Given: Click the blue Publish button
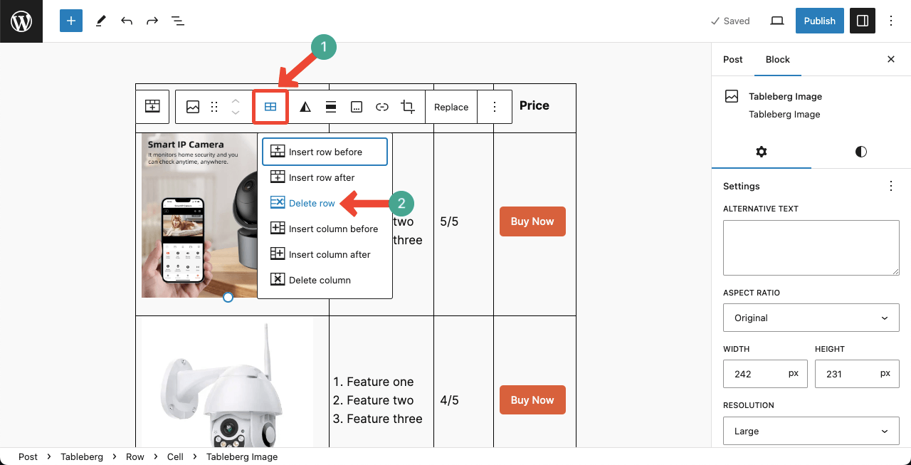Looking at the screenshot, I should pos(819,21).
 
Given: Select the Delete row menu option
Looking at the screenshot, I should pos(311,203).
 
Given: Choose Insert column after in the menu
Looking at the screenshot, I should pos(329,254).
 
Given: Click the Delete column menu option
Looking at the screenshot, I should pos(319,280).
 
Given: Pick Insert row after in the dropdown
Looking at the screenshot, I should pos(321,177).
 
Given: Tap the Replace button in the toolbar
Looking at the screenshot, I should pos(451,107).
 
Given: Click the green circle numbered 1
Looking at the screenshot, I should pos(323,47).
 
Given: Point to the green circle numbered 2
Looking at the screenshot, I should pos(401,203).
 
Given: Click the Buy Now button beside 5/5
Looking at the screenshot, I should pos(532,221).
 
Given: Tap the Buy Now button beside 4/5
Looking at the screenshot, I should pos(532,400).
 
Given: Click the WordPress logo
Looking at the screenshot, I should pos(21,21).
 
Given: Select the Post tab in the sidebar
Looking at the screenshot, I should pos(732,59).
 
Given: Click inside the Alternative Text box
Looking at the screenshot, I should pos(811,247).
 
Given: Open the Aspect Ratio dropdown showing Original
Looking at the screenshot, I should pos(811,318).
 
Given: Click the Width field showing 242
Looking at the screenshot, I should pos(755,374).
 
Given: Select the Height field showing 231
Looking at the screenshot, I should pos(847,374).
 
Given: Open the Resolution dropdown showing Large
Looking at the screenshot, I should pos(811,431).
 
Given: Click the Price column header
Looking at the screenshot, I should pos(534,105).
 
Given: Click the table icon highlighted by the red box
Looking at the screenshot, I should pos(270,107).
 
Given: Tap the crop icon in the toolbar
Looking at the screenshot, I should pos(408,107).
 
